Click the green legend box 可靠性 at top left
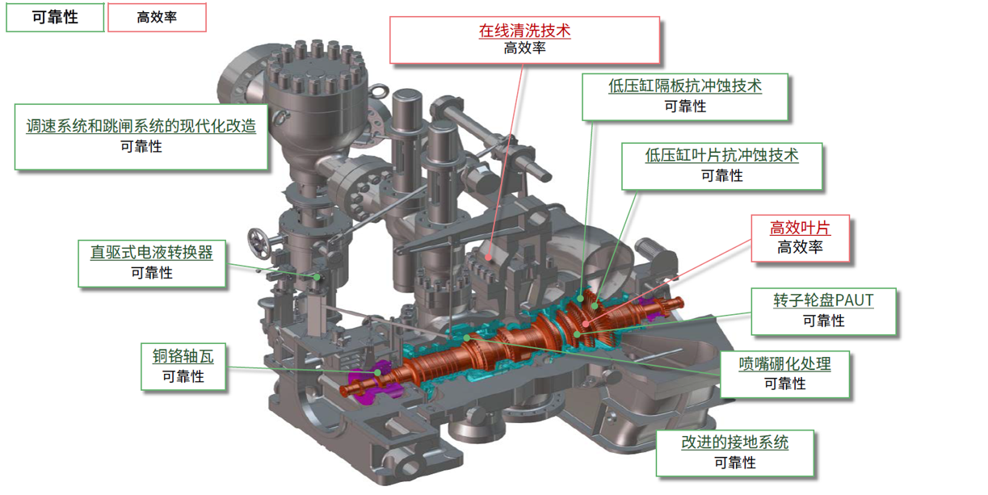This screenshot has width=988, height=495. (55, 17)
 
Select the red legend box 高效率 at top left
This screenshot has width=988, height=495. (157, 17)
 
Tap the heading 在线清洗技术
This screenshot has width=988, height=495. (524, 31)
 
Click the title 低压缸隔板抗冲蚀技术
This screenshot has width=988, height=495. (685, 86)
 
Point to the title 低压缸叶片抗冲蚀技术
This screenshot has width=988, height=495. (721, 155)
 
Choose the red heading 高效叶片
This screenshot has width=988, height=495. (800, 228)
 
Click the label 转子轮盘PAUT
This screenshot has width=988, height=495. (823, 300)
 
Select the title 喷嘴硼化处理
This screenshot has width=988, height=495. (784, 363)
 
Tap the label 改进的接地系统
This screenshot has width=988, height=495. (735, 442)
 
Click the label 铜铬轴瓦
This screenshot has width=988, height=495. (183, 356)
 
